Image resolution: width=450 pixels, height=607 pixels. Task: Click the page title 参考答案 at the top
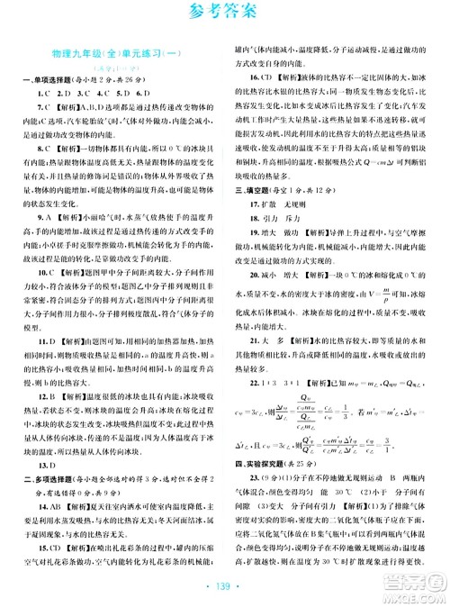click(x=225, y=14)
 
